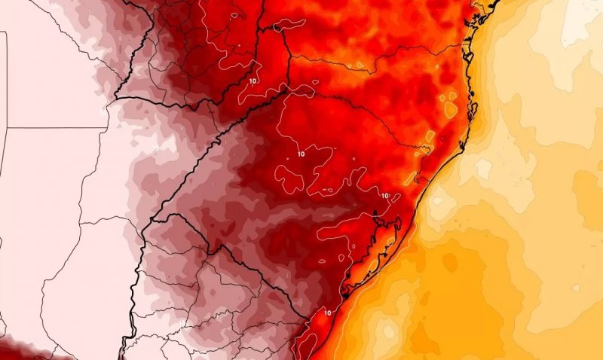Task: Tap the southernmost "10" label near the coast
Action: tap(328, 311)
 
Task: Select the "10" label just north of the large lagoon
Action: tap(384, 196)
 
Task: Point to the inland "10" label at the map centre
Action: tap(301, 154)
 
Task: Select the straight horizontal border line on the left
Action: tap(53, 128)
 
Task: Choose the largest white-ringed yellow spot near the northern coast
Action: tap(451, 110)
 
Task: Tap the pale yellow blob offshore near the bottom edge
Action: tap(388, 331)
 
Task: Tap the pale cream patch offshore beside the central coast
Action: tap(482, 162)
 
